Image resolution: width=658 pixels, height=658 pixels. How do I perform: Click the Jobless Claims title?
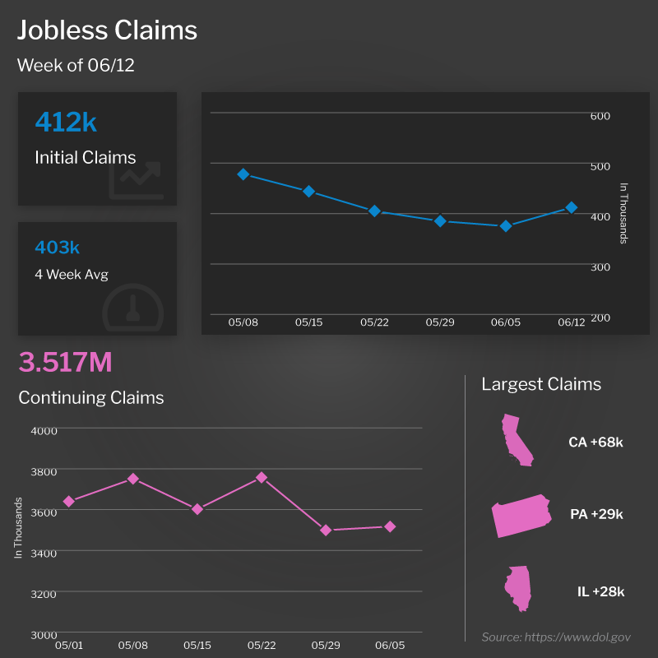coord(107,30)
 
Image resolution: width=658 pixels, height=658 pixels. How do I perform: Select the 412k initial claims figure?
coord(66,123)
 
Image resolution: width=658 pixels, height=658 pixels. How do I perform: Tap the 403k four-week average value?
coord(57,248)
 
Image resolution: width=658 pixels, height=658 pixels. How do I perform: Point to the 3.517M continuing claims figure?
coord(65,362)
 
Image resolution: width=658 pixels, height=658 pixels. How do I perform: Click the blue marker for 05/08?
coord(243,174)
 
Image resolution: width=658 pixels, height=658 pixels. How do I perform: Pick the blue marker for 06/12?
coord(571,208)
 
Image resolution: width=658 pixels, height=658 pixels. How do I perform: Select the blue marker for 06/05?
coord(506,225)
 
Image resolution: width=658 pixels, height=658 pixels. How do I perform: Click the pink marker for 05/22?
coord(262,477)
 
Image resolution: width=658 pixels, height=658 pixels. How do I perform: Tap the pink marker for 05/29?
coord(326,531)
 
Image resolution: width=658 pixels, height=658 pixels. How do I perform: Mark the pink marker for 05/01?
coord(69,501)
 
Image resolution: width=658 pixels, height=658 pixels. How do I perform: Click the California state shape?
coord(517,441)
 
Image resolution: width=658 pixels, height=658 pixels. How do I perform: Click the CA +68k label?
coord(595,443)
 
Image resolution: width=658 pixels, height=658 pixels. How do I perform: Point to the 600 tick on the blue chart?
coord(600,116)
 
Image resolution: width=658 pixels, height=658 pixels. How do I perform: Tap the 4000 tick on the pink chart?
coord(44,430)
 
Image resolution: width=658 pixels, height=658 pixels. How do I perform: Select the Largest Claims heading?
coord(541,384)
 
